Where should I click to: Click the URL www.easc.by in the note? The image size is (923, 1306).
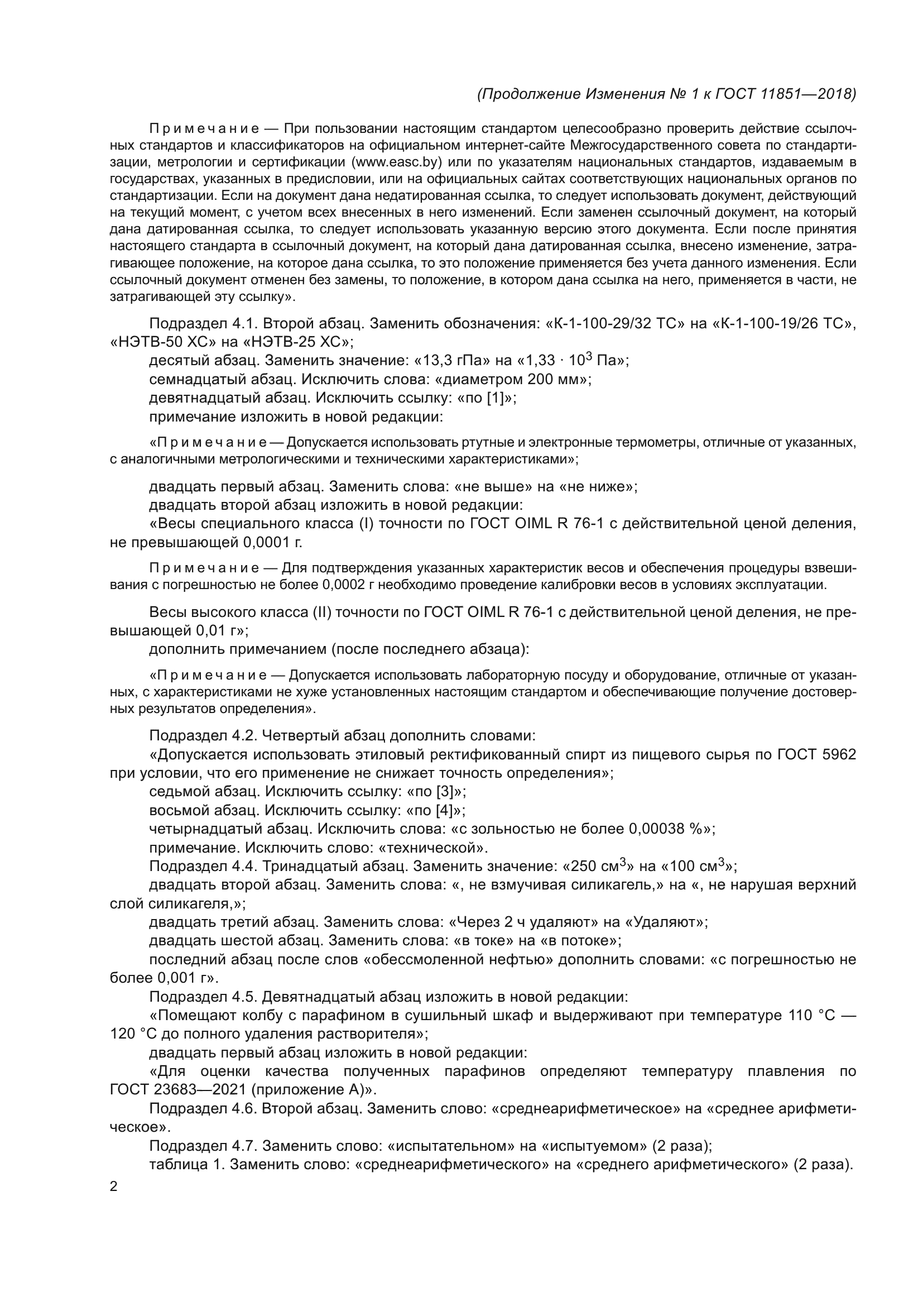click(397, 162)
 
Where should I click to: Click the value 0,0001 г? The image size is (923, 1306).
click(272, 543)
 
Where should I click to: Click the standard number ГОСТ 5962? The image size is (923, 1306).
click(816, 755)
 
